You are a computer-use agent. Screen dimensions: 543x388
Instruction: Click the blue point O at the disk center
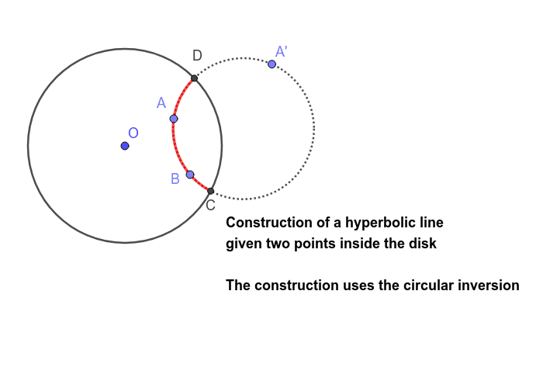tap(125, 146)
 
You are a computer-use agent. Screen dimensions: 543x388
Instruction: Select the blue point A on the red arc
tap(174, 119)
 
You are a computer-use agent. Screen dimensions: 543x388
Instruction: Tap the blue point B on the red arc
tap(190, 175)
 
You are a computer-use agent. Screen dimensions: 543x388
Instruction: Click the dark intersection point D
tap(194, 78)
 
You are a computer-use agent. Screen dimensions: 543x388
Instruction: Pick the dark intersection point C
tap(210, 191)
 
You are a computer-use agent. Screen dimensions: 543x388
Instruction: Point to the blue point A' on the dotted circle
tap(271, 64)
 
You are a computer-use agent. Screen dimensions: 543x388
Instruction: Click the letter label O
tap(133, 133)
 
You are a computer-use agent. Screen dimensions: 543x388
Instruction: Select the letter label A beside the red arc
tap(161, 103)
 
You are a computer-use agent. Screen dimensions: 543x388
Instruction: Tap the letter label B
tap(175, 178)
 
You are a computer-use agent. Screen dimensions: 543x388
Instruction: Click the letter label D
tap(197, 55)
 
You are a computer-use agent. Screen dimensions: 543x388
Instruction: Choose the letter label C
tap(210, 206)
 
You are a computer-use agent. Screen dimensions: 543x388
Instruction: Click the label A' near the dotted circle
tap(281, 52)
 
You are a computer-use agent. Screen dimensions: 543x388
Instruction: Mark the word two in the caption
tap(278, 244)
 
